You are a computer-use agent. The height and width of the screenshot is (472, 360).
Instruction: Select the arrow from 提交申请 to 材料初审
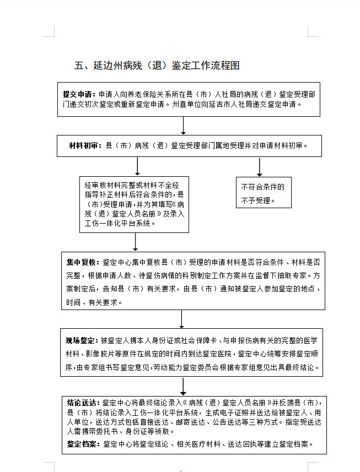184,126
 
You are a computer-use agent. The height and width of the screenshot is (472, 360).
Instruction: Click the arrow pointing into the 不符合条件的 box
259,167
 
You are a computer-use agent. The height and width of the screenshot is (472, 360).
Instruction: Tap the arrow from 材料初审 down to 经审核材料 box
137,166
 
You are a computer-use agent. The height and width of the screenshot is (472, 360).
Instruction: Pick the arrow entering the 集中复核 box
136,242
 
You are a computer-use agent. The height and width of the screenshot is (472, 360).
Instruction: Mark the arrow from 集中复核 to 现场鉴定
182,319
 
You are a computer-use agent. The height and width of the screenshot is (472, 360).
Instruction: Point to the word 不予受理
257,200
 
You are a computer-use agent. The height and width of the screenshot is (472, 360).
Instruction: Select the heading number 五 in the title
78,66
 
